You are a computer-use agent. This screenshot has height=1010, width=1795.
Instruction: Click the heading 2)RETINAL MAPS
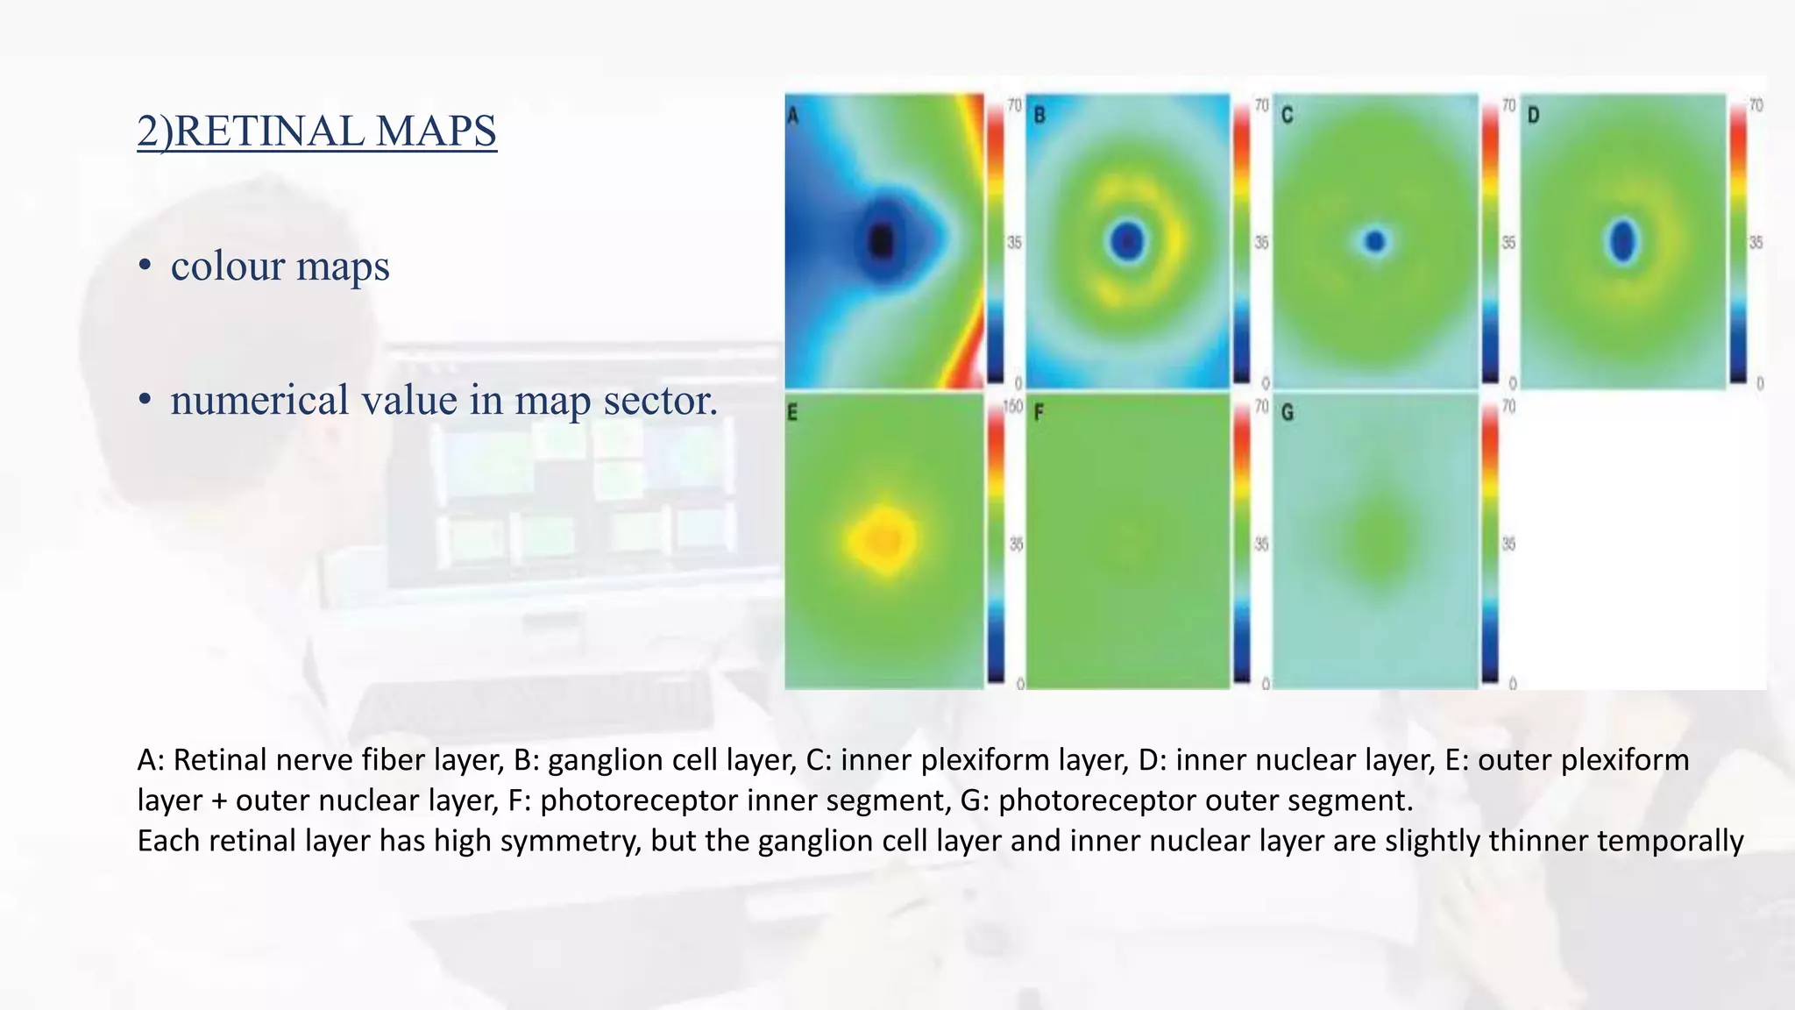coord(316,131)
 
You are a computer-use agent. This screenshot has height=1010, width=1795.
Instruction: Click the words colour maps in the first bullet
coord(280,266)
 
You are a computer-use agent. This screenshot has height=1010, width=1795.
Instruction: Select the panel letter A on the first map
coord(792,115)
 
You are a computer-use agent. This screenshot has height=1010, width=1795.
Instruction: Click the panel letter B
coord(1039,115)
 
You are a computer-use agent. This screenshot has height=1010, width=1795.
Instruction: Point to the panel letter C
coord(1287,115)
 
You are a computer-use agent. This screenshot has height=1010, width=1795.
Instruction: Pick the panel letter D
coord(1533,115)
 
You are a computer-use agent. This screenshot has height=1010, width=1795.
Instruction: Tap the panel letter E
coord(792,412)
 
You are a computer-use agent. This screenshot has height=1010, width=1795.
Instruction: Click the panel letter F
coord(1039,412)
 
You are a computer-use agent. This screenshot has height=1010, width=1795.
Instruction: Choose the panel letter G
coord(1287,412)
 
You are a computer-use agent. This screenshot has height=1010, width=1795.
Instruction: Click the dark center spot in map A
coord(881,239)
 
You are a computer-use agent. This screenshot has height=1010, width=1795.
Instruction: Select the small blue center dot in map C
coord(1375,240)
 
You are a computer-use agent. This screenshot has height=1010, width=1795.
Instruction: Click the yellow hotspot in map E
coord(883,538)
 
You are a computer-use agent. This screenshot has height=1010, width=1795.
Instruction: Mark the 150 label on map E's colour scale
coord(1012,407)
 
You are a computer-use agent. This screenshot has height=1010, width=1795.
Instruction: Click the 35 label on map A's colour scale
coord(1014,242)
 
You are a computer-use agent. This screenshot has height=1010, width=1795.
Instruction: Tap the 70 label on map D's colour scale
coord(1756,105)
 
